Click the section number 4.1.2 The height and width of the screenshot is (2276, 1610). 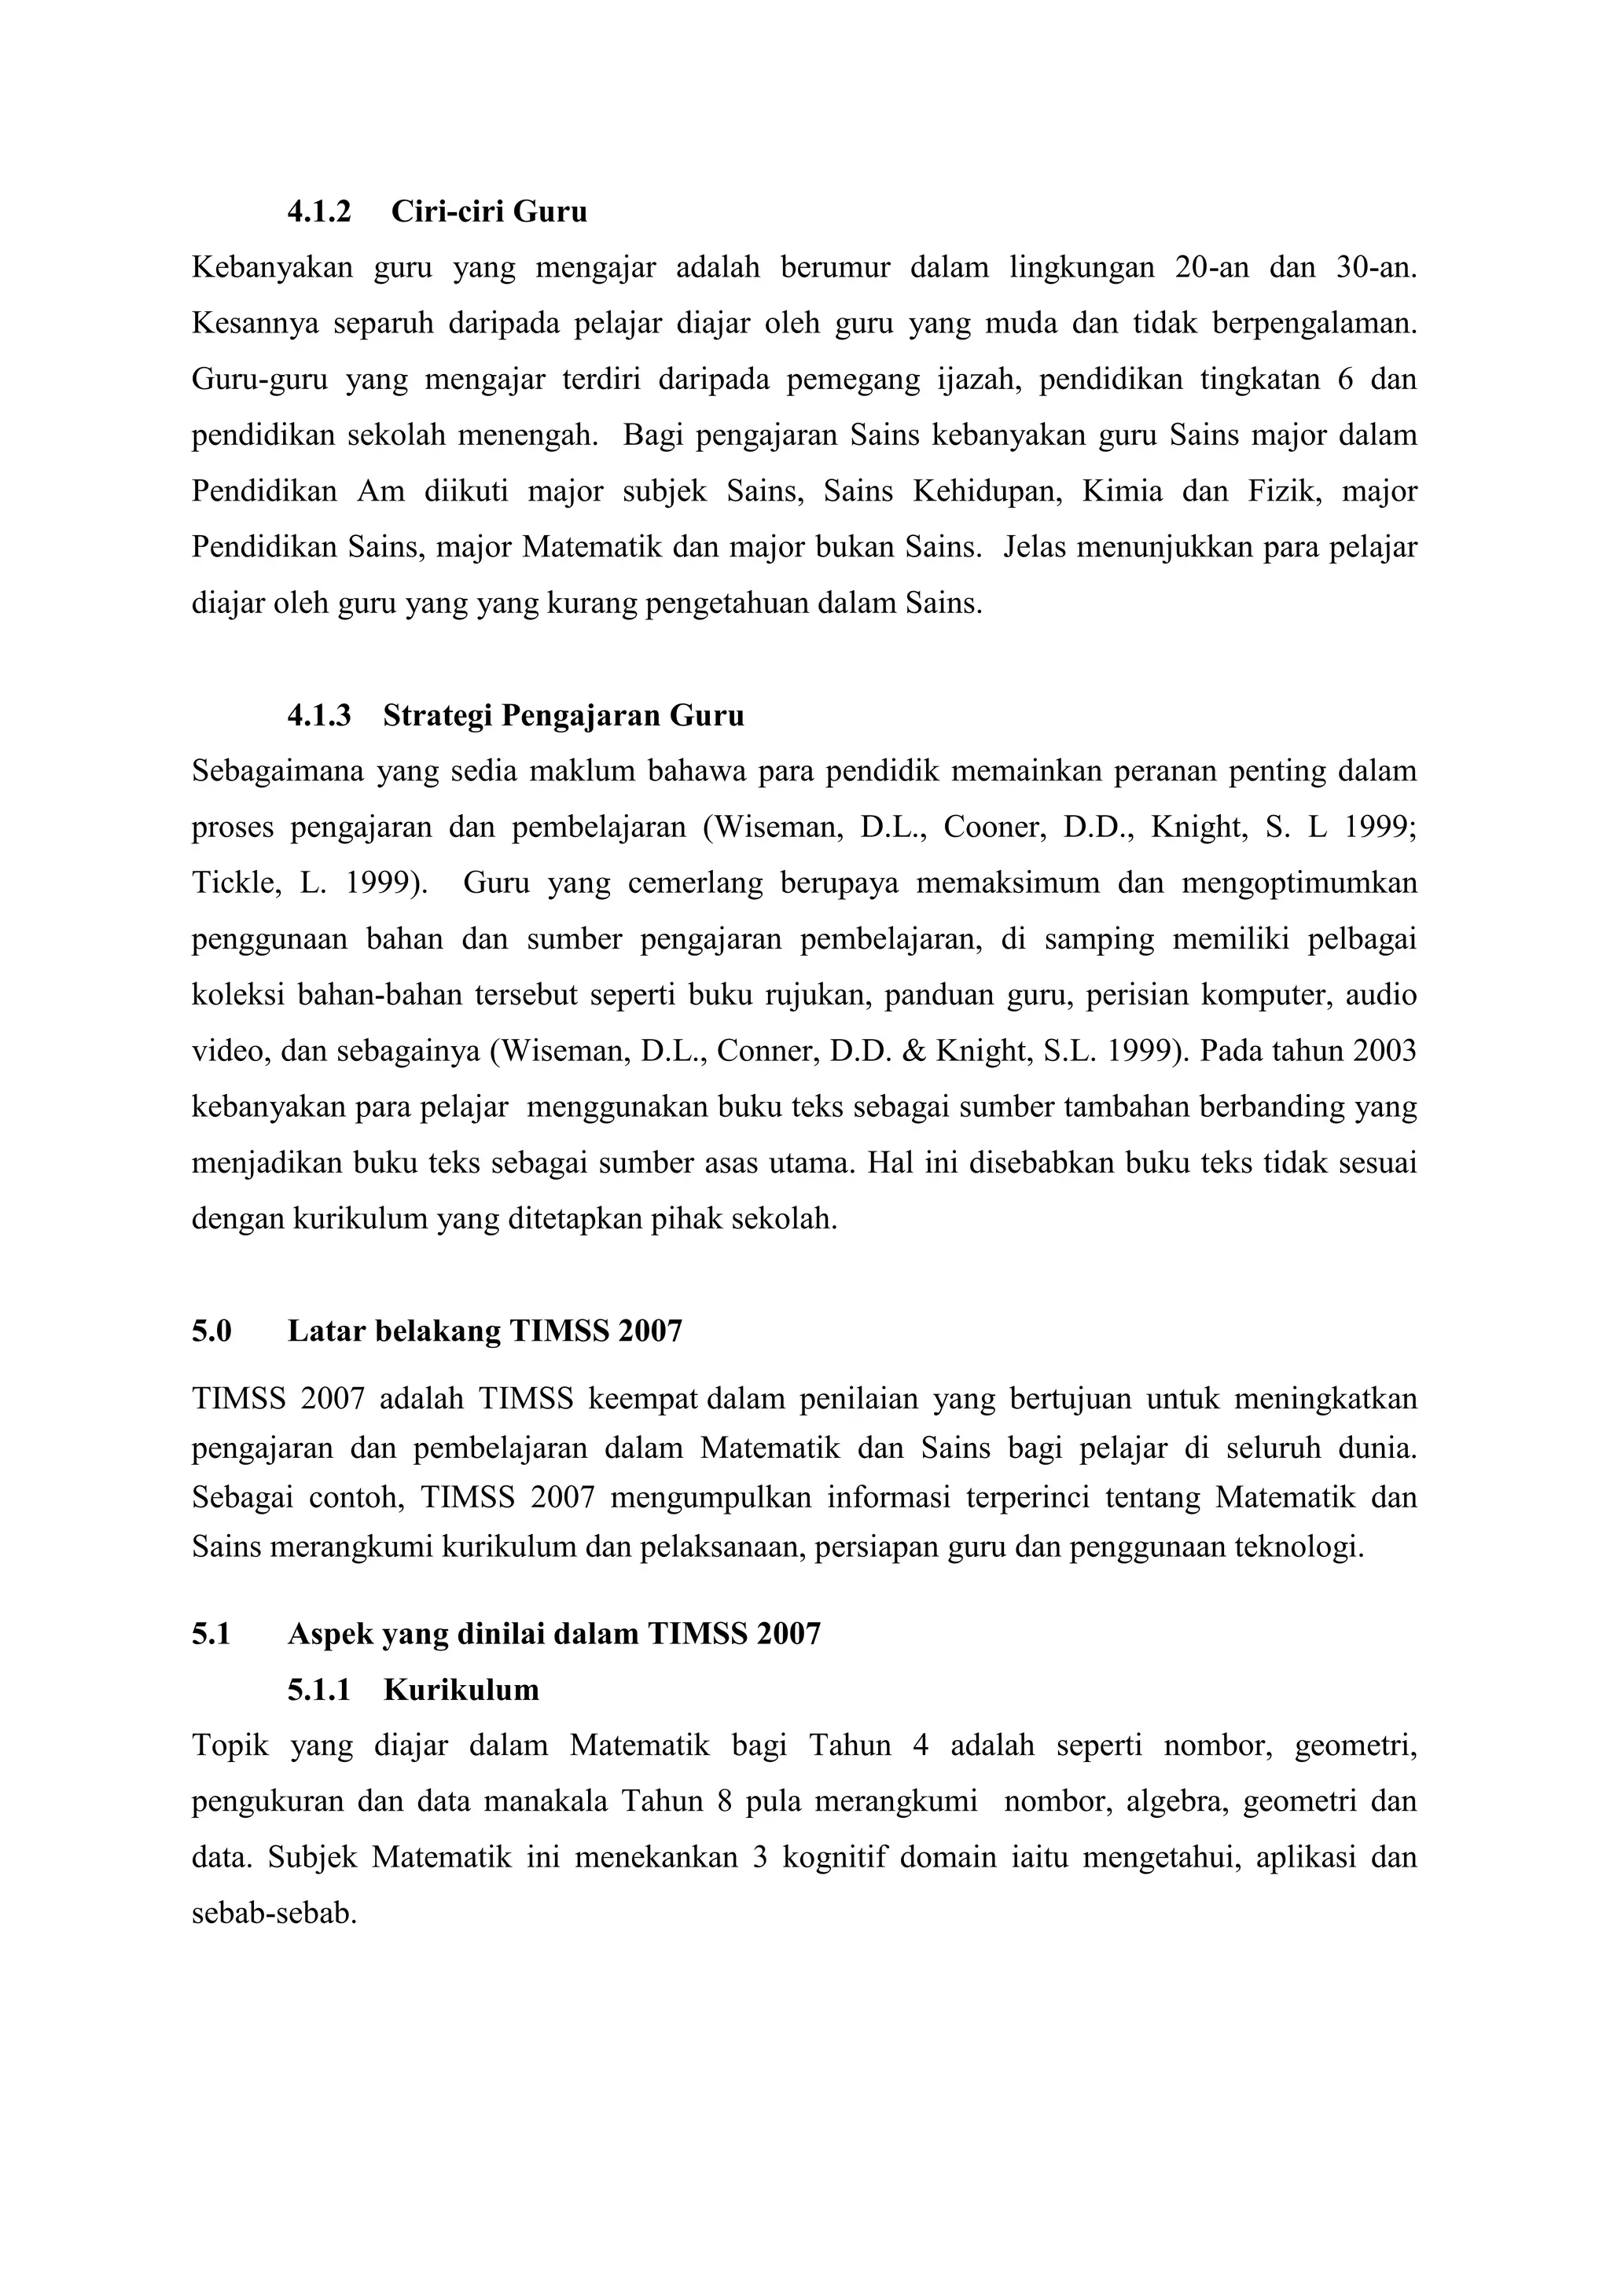318,211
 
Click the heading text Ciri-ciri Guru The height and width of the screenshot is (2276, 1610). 489,211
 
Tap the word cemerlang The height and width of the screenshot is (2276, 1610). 695,883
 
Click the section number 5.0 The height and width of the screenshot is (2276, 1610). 211,1331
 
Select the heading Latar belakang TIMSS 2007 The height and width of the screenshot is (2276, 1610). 485,1331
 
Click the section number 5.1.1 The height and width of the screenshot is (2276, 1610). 318,1690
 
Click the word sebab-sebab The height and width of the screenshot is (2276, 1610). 273,1914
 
